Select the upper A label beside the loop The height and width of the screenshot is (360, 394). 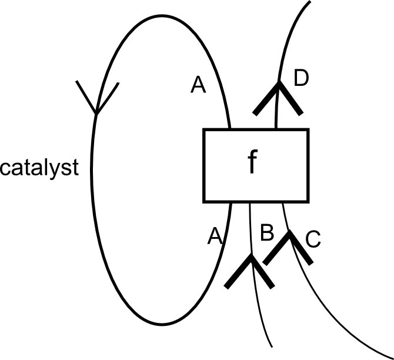pyautogui.click(x=198, y=86)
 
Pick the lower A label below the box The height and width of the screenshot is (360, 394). pyautogui.click(x=215, y=236)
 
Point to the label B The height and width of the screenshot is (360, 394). pyautogui.click(x=266, y=233)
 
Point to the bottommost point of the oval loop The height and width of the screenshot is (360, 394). pyautogui.click(x=159, y=325)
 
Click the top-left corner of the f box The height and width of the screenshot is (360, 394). pyautogui.click(x=204, y=129)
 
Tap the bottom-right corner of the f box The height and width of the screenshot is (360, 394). pyautogui.click(x=308, y=201)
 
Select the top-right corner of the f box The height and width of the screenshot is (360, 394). pyautogui.click(x=308, y=129)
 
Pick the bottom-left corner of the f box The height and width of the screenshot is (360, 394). pyautogui.click(x=204, y=201)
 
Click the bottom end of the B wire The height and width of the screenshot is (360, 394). pyautogui.click(x=272, y=346)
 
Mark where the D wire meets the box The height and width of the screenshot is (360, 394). pyautogui.click(x=276, y=129)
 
